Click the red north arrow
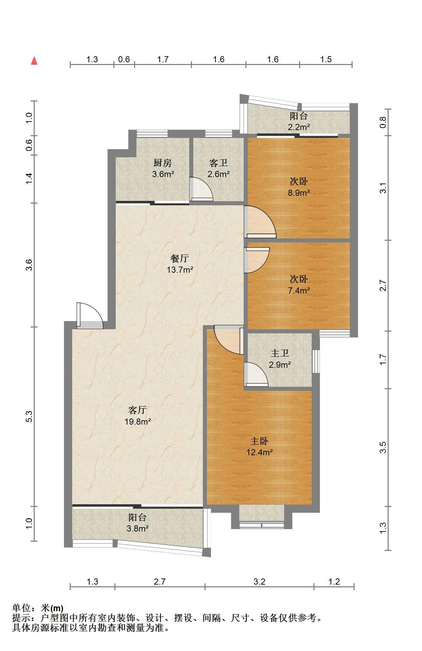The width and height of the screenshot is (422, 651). point(34,61)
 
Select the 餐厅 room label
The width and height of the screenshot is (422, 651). point(180,258)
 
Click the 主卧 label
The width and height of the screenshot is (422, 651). point(259,441)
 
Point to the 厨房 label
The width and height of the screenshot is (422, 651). point(163,163)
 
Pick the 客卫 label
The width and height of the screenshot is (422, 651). point(218,163)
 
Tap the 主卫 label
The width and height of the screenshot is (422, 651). point(280,353)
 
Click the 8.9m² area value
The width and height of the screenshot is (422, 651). point(299,193)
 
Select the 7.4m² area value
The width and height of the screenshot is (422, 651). point(299,290)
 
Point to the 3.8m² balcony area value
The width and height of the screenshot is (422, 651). point(137,528)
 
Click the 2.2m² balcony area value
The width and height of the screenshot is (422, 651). point(299,127)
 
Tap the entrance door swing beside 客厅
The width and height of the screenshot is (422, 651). point(90,316)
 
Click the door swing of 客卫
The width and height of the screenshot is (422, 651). point(201,189)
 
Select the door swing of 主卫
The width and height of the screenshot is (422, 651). point(256,375)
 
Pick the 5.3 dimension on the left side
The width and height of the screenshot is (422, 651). point(29,417)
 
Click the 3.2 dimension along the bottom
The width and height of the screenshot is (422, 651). point(259,582)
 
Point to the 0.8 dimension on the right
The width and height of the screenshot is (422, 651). point(383,122)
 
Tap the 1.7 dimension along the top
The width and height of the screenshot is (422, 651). point(163,59)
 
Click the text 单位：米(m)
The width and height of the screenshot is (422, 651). point(38,608)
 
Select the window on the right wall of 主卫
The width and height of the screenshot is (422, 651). point(316,361)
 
